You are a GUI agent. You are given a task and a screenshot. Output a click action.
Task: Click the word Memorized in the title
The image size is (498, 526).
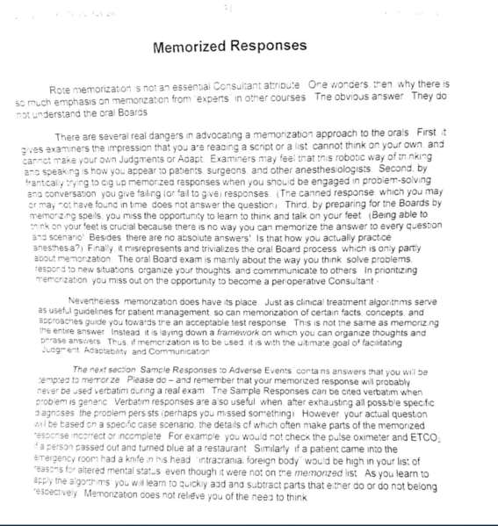coord(196,47)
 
